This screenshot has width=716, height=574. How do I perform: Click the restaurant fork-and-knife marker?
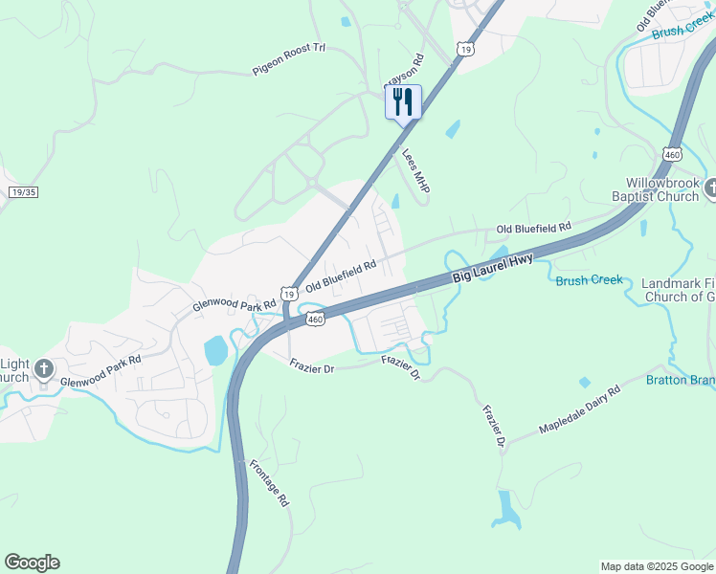403,100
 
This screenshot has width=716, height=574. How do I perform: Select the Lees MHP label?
415,170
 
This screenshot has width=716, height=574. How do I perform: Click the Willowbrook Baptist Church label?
662,189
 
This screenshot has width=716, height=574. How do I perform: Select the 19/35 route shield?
23,191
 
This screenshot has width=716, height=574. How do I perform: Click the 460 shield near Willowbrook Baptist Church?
672,153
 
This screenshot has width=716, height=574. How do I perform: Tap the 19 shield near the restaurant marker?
464,49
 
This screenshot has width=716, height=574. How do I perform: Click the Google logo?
32,563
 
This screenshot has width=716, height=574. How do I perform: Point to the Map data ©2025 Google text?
656,566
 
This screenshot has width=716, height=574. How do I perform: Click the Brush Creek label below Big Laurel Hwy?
589,280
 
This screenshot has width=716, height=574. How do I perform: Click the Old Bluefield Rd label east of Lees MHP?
533,228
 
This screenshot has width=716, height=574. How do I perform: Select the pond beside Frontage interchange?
216,350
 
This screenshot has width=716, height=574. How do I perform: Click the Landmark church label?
678,290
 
